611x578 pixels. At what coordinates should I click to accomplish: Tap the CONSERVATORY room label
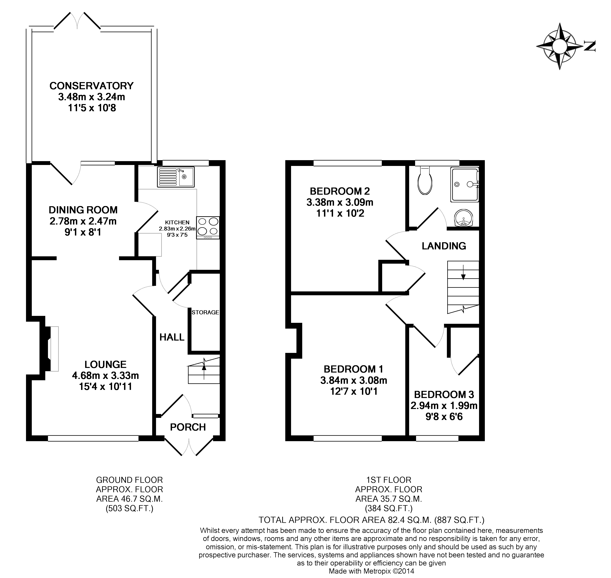pyautogui.click(x=91, y=86)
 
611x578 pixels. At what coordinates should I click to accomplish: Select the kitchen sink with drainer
pyautogui.click(x=175, y=177)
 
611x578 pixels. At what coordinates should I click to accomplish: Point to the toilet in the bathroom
pyautogui.click(x=425, y=182)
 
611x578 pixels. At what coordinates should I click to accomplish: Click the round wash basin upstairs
pyautogui.click(x=463, y=218)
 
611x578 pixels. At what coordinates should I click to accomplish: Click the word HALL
pyautogui.click(x=172, y=337)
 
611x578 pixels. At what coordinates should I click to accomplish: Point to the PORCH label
pyautogui.click(x=188, y=427)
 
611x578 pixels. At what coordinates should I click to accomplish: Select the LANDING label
pyautogui.click(x=443, y=246)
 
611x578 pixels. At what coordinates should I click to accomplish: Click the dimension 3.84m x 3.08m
pyautogui.click(x=353, y=380)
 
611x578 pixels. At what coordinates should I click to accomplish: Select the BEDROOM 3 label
pyautogui.click(x=444, y=395)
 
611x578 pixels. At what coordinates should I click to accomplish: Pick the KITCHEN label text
pyautogui.click(x=177, y=222)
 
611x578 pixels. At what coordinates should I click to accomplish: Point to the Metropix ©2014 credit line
pyautogui.click(x=371, y=571)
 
